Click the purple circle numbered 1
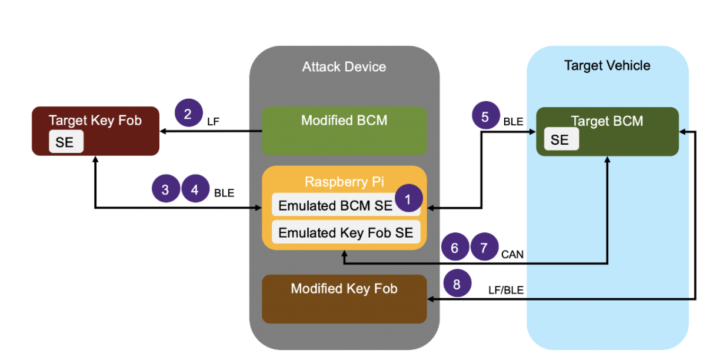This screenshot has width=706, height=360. point(408,199)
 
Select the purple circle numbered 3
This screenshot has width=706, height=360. point(166,189)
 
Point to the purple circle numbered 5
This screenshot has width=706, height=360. point(486,116)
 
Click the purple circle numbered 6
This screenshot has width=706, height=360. point(455,248)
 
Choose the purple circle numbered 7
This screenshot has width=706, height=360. point(484,248)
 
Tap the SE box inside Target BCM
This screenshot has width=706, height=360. point(560,140)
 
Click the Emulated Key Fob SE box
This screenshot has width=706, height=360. point(346,232)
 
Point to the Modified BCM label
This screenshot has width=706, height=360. point(344,121)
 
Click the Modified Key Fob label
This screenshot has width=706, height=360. point(344,289)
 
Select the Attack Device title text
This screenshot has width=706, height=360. point(344,66)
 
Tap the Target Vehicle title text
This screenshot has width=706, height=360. point(607,65)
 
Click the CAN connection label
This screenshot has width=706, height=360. point(512,255)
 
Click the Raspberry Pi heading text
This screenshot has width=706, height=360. point(344,181)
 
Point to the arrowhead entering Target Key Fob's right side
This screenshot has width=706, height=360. point(163,132)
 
